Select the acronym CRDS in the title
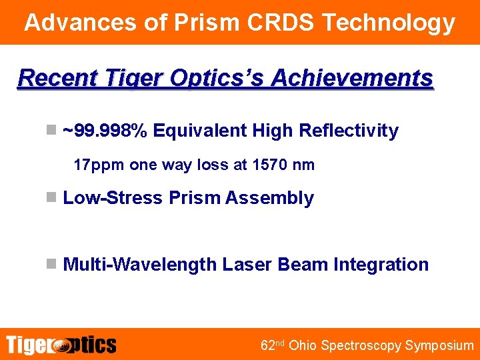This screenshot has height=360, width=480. click(280, 23)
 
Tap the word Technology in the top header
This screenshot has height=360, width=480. click(389, 23)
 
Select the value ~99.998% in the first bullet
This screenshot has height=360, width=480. click(105, 131)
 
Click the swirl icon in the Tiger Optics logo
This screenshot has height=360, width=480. click(61, 345)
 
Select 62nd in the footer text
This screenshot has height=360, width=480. click(272, 345)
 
